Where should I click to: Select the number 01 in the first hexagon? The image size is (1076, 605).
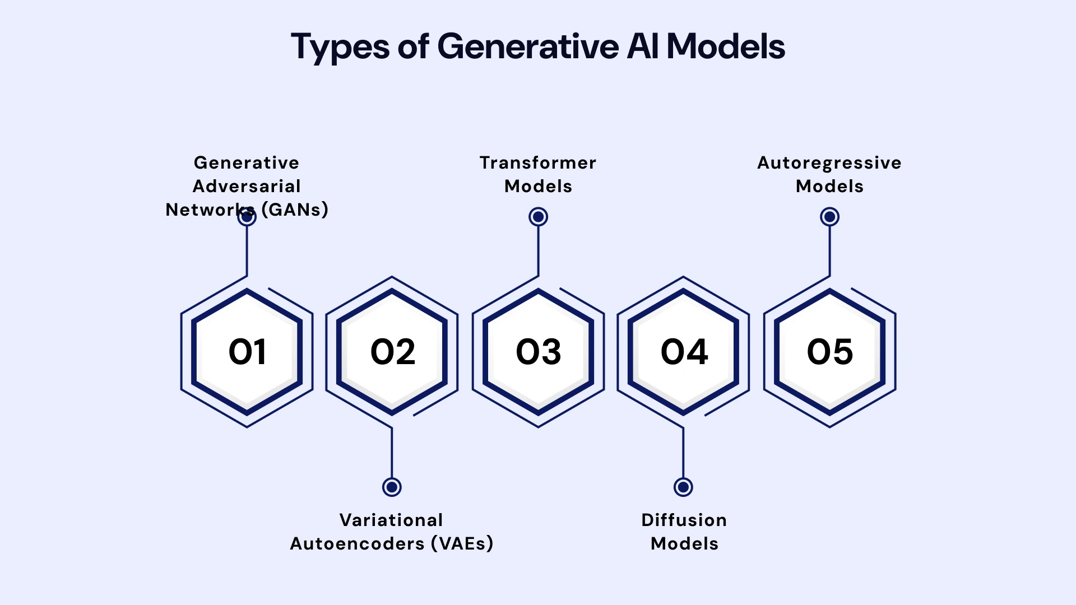coord(247,352)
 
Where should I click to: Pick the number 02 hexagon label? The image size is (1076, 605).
coord(392,352)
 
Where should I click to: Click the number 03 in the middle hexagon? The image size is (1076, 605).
coord(538,352)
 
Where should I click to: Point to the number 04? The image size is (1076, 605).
coord(684,352)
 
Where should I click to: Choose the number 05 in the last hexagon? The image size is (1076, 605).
coord(829,352)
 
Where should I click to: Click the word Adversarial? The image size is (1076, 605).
coord(247,186)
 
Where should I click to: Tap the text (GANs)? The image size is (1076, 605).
coord(295,210)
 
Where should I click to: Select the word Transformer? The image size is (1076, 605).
coord(538,162)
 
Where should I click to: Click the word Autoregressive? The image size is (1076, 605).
coord(829,162)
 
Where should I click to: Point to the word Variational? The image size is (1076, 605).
coord(391,520)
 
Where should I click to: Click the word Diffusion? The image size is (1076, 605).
coord(684,520)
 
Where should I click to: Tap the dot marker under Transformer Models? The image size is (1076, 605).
coord(538,217)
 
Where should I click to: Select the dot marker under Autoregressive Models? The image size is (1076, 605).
coord(829,217)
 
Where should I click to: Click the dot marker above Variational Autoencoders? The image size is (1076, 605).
coord(392,487)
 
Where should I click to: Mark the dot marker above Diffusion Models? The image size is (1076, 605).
coord(683,487)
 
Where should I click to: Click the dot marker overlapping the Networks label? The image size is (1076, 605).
coord(247,217)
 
